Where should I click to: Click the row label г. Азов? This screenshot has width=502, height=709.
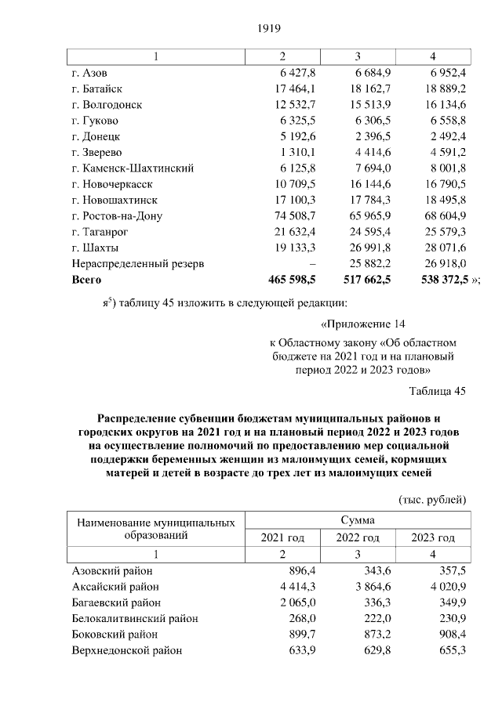point(89,72)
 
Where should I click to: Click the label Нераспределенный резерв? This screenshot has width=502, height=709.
point(138,264)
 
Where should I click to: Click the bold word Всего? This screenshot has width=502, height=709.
point(87,280)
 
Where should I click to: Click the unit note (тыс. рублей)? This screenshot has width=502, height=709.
point(432,499)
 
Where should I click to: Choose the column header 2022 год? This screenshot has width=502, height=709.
point(358,538)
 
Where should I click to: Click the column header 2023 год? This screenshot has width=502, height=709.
point(433,538)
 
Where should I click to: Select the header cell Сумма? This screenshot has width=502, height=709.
point(358,519)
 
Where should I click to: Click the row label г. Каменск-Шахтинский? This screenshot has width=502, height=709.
point(133,168)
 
